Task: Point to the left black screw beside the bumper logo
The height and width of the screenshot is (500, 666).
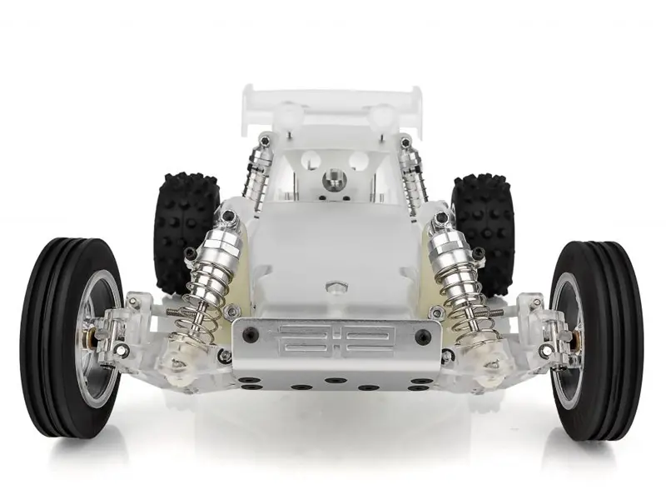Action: point(251,336)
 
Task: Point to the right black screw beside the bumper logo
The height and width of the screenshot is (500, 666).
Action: point(423,337)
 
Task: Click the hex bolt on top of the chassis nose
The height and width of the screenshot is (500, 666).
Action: point(335,288)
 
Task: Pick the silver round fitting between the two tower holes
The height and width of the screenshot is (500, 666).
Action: point(334,178)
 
